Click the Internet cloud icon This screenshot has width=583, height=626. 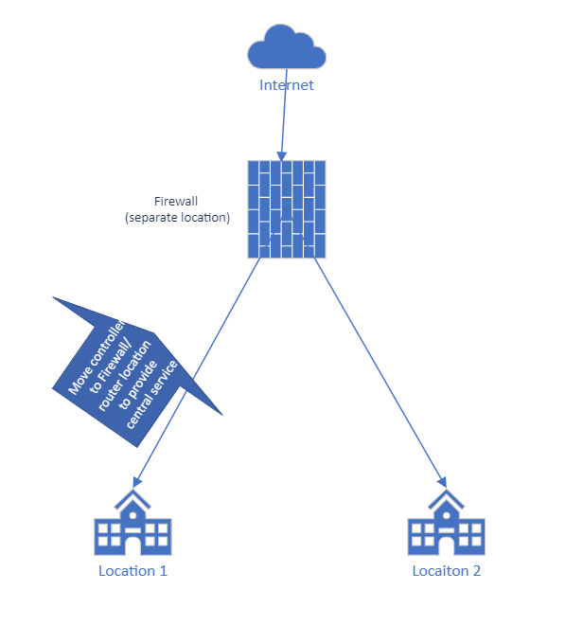286,46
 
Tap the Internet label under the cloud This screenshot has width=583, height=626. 286,85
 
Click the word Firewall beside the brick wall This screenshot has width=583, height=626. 177,202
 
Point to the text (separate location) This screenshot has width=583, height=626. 177,217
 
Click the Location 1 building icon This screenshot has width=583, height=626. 132,526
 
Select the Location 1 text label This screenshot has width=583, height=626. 132,571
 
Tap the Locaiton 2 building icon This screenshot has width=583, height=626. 445,526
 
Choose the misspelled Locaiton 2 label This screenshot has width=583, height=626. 446,571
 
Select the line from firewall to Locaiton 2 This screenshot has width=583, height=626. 379,369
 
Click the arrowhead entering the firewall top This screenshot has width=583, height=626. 279,153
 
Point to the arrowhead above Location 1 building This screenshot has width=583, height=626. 139,481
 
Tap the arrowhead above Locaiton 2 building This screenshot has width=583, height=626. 441,480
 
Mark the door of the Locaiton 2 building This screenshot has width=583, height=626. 445,545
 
